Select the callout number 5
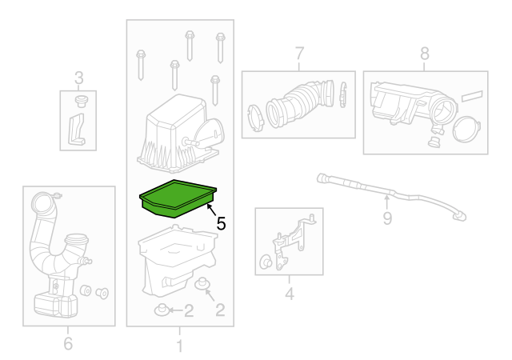[221, 225]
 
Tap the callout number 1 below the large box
[179, 346]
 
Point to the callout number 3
[78, 78]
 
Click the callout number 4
[289, 294]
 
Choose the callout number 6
[67, 344]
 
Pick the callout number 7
[299, 54]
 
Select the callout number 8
[424, 54]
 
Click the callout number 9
[387, 217]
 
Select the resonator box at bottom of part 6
[54, 302]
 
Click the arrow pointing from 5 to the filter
[210, 210]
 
